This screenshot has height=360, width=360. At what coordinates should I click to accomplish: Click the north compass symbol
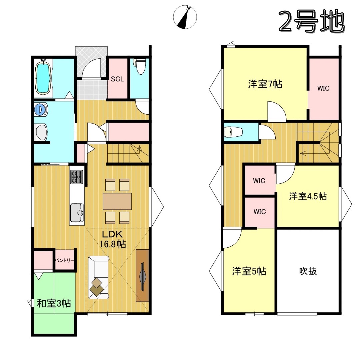pos(185,17)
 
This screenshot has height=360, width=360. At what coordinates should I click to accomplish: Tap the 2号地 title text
pos(312,21)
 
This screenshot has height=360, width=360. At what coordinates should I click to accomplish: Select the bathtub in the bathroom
pos(43,76)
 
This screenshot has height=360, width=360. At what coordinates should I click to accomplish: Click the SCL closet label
pos(117,79)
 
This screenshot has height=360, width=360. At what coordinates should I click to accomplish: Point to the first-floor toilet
pos(140,66)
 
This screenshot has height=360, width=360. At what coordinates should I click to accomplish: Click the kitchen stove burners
pos(77,177)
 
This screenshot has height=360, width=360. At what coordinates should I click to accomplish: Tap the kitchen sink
pos(77,212)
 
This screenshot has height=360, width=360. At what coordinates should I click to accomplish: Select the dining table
pos(117,201)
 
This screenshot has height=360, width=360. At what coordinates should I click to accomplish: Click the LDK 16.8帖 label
pos(113,239)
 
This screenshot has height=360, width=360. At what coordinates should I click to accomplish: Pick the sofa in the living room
pos(98,277)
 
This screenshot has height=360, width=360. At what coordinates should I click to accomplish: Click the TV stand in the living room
pos(142,276)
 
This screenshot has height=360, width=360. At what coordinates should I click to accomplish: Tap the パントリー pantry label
pos(65,260)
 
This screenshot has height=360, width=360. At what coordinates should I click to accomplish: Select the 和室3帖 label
pos(54,304)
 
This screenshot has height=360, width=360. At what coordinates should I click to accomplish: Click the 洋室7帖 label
pos(265,84)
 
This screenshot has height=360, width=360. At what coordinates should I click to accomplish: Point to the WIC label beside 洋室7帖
pos(323,88)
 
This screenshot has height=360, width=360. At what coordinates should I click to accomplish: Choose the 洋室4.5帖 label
pos(308,197)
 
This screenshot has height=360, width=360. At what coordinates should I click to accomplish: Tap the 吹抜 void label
pos(308,271)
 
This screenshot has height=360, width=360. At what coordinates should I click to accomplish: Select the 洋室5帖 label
pos(249,271)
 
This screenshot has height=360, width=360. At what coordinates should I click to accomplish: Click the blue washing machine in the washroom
pos(41,109)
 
